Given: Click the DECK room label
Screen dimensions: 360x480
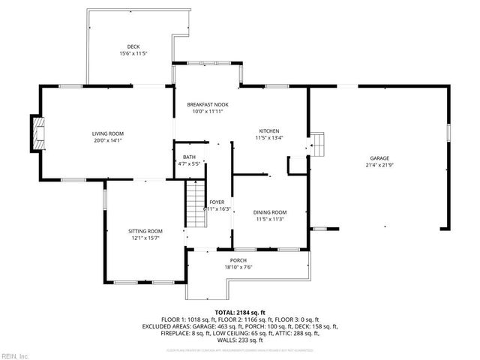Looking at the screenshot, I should pos(133,46).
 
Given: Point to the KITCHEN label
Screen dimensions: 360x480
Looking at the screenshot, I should pos(269,130).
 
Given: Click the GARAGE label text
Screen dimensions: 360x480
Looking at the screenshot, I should pos(379,157).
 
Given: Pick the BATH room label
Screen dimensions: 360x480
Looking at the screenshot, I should pos(189,156).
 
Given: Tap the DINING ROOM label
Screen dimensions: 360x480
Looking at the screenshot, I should pos(269,212).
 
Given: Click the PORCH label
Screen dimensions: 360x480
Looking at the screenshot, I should pos(238,259).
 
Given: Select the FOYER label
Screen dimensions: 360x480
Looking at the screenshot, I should pos(217,202).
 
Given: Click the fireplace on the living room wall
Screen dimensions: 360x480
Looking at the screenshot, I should pos(37,133).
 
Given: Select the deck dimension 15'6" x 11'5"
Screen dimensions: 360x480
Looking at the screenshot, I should pos(133,54).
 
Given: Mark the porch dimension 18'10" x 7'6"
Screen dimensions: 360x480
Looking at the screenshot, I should pos(238,267).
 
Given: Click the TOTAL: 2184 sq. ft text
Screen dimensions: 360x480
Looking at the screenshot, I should pos(240,312).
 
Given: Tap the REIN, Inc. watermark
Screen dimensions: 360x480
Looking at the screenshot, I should pos(14,355).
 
